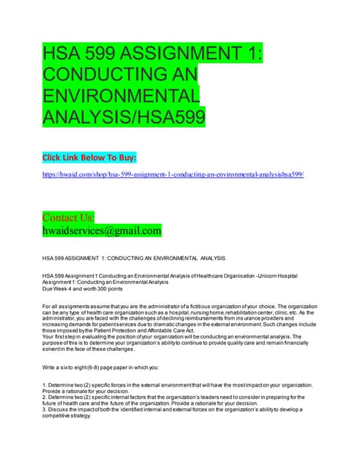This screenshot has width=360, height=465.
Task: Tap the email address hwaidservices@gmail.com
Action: point(103,231)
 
